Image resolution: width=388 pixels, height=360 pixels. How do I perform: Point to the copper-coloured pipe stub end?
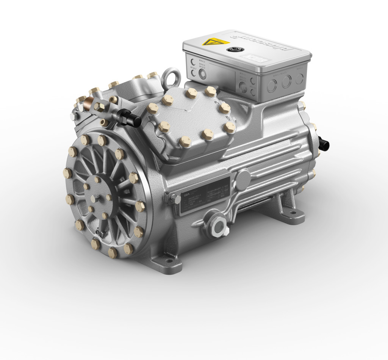point(90,103)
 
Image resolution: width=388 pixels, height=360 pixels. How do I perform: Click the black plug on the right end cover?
point(324,143)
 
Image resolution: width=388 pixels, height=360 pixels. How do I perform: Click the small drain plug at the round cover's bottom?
point(99,231)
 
